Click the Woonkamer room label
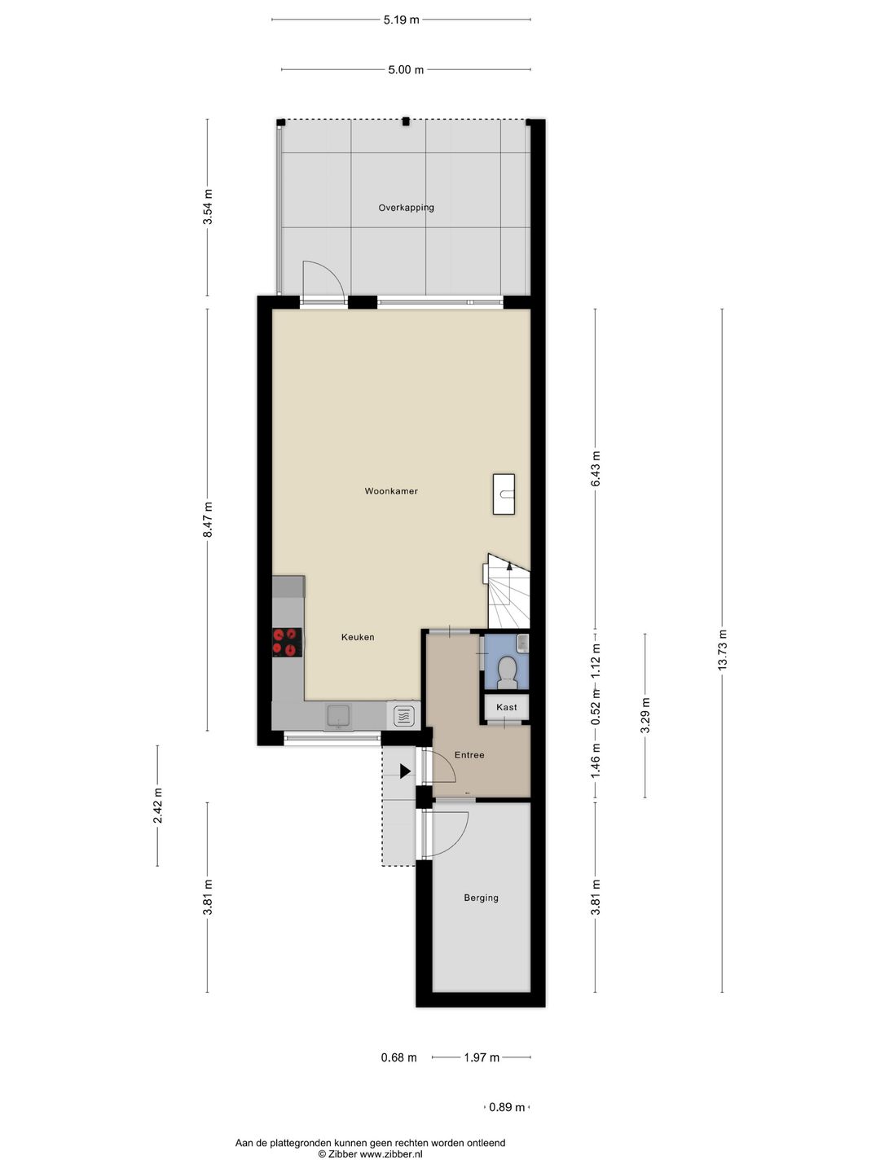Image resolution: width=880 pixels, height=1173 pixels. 391,491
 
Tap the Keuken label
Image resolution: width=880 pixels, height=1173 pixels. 358,637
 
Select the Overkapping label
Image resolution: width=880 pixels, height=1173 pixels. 406,208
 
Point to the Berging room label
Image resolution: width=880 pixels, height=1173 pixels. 481,898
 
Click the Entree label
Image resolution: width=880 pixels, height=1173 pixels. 469,755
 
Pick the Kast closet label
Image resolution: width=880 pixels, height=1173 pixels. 507,707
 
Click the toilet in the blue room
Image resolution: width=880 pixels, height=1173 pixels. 507,671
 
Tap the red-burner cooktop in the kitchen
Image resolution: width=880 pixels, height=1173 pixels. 287,642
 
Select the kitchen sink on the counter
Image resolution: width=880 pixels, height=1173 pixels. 338,716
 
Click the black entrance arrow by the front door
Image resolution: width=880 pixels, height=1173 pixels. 405,771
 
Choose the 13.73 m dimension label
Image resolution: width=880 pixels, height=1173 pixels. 722,650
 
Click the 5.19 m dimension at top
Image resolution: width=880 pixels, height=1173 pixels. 401,20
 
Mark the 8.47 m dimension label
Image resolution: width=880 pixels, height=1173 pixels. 208,519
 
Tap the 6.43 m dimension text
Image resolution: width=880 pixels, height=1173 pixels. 596,469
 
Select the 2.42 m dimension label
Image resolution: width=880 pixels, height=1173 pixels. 158,806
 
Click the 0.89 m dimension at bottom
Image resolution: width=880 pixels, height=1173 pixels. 500,1107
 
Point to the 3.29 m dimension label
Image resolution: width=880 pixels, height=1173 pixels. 645,715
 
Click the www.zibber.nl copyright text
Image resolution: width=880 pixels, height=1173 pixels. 370,1154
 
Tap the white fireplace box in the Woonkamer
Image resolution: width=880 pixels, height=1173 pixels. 504,494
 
